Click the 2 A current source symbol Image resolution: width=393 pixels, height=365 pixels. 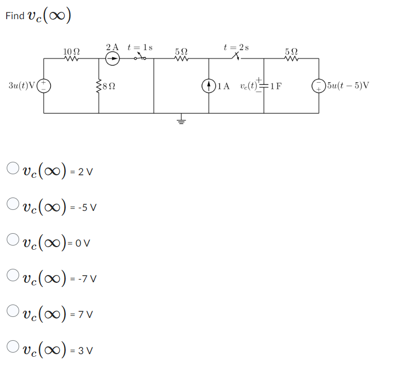pos(113,59)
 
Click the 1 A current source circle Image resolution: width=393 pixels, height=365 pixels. pos(209,85)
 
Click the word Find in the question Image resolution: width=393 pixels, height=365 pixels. pos(15,16)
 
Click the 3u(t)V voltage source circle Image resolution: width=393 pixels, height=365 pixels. pos(44,85)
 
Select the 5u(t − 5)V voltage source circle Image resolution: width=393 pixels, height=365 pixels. pos(319,85)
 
